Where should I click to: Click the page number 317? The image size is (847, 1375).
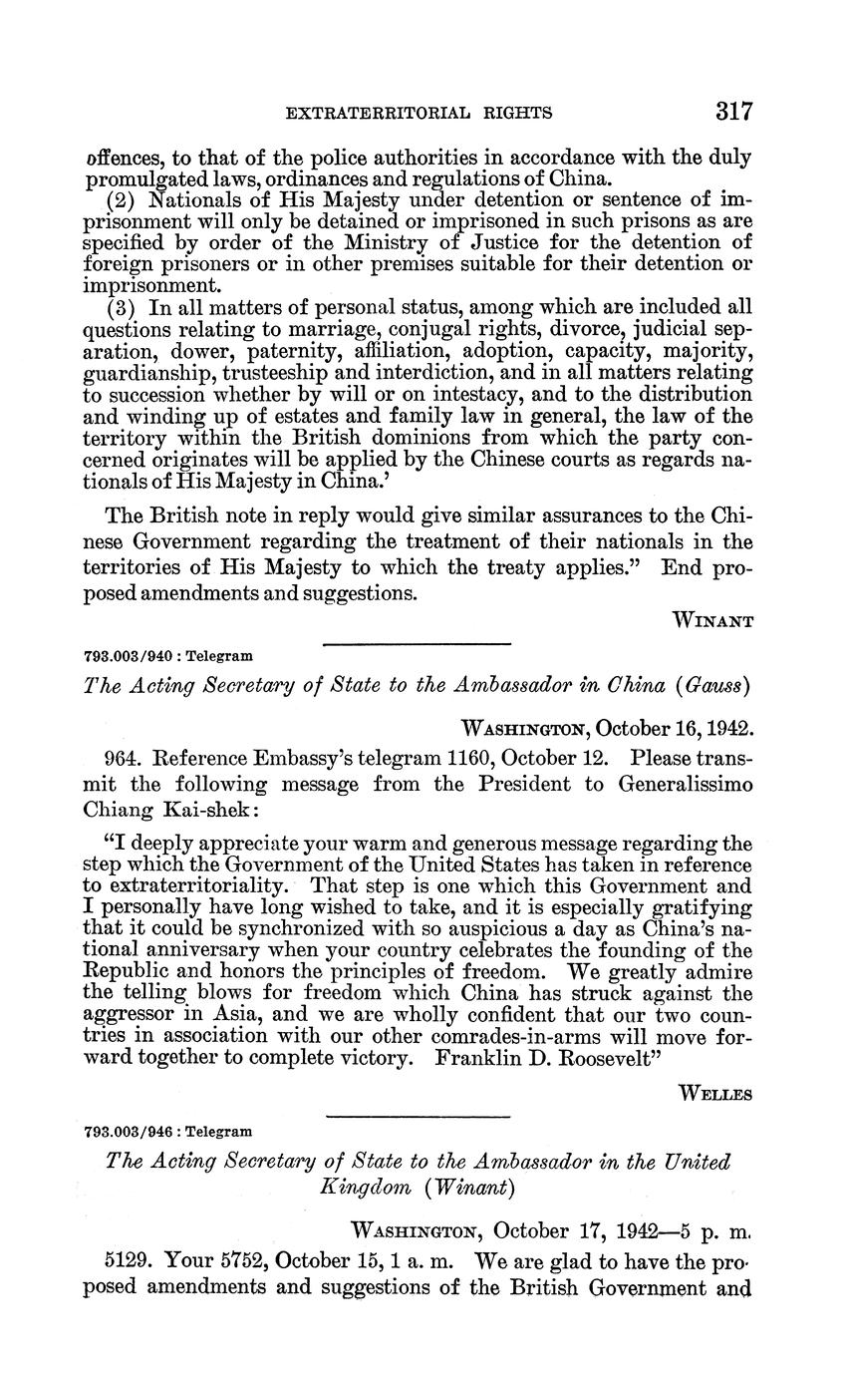click(x=733, y=112)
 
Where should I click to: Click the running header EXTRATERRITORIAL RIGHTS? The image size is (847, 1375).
click(x=419, y=114)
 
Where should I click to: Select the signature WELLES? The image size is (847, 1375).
click(x=714, y=1094)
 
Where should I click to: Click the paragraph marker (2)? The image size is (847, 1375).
click(x=121, y=199)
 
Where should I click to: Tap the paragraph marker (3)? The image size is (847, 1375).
click(x=121, y=306)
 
